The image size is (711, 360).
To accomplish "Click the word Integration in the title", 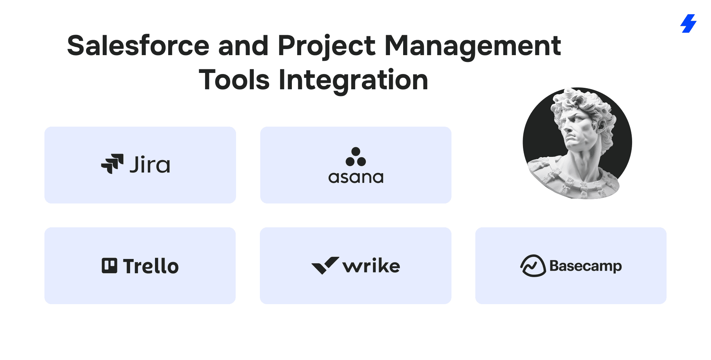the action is pos(353,80).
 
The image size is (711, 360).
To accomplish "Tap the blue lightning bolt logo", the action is pos(688,23).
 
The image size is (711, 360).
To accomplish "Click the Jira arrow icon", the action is pos(112,164).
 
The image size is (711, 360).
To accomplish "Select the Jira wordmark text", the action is pos(150,164).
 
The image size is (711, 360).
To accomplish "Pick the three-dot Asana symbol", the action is pos(355,157).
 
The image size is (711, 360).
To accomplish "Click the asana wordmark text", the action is pos(356,178).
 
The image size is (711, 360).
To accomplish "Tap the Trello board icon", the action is pos(109,266).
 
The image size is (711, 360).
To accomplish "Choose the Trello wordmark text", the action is pos(151,266).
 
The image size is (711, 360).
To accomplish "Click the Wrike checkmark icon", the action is pos(325,265).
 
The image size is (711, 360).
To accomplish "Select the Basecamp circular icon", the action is pos(533,266).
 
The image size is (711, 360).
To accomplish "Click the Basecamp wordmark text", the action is pos(586,266).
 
